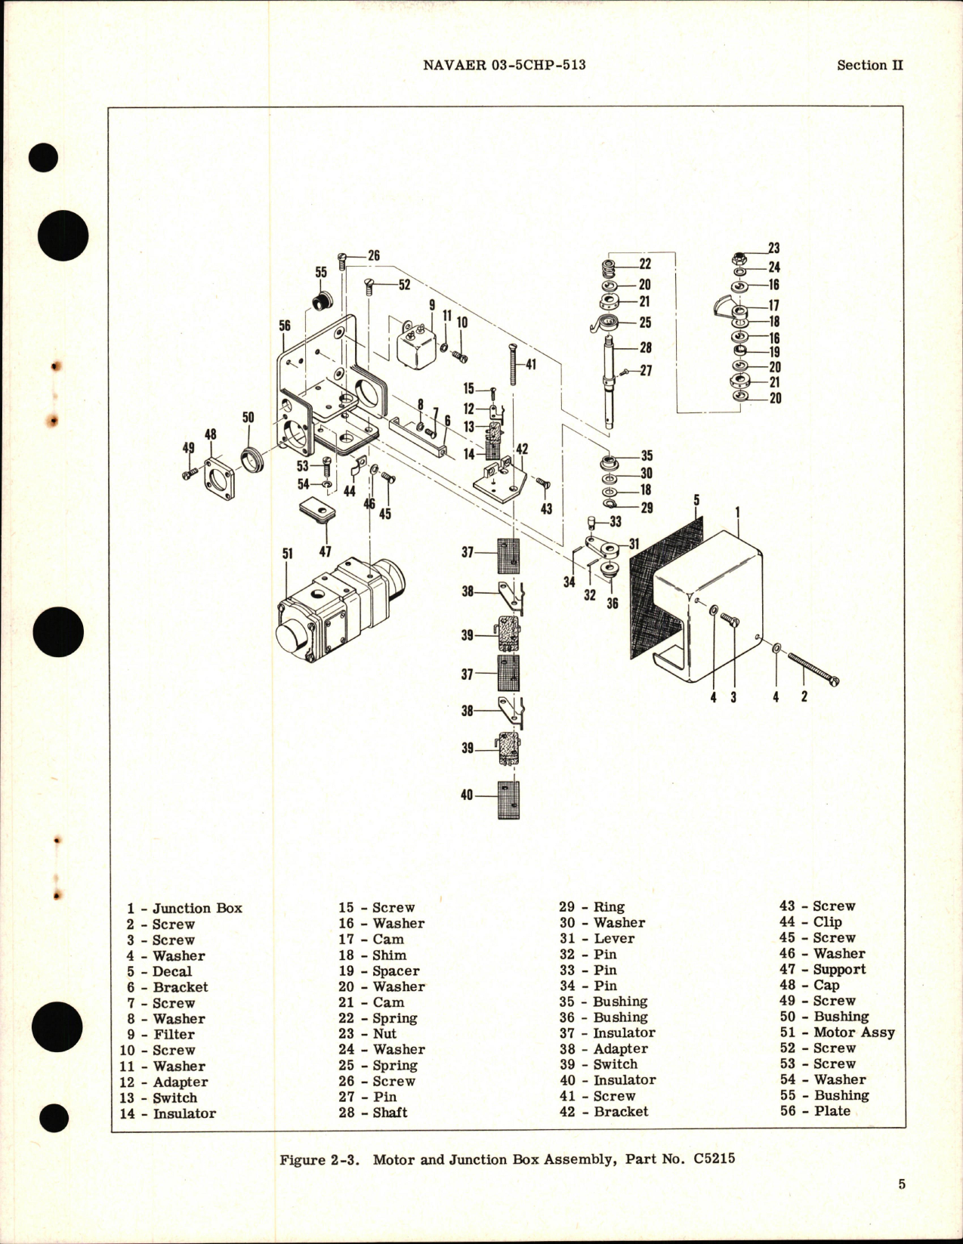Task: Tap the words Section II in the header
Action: pos(869,65)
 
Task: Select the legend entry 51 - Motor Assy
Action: pos(837,1032)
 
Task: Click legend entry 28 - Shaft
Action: pos(372,1112)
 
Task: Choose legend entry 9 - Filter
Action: pos(161,1034)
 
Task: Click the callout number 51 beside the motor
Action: pos(288,554)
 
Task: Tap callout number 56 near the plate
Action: pos(285,326)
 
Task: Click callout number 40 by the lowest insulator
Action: pos(467,795)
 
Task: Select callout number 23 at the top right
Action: pos(773,248)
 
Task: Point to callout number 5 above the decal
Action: pos(697,500)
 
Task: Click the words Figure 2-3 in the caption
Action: pos(322,1159)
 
